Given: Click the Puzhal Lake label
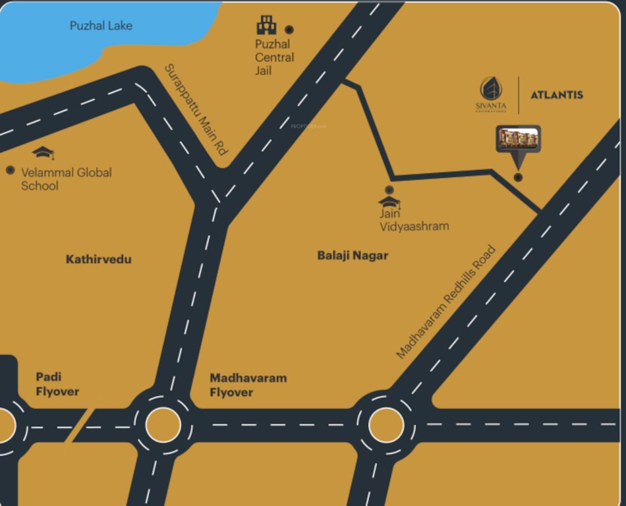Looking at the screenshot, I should (x=101, y=26).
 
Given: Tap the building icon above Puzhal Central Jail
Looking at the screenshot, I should (x=266, y=25).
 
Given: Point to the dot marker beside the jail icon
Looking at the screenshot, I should (x=289, y=30).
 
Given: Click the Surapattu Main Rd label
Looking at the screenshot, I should (x=195, y=109).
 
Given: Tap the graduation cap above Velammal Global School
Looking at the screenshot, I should (x=43, y=153).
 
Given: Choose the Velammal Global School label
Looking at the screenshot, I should (x=66, y=179).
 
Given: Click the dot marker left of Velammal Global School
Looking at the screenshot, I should (x=10, y=170).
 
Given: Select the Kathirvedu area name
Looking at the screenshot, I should (x=98, y=260).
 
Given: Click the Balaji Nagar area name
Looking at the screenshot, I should (x=353, y=256).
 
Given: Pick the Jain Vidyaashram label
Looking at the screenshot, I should (x=414, y=220).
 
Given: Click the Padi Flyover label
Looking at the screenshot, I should (x=57, y=384).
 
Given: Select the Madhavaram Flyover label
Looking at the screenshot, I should (x=248, y=385).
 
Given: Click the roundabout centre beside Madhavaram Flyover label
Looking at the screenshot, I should (x=163, y=425).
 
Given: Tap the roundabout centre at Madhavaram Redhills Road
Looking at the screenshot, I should (x=386, y=425).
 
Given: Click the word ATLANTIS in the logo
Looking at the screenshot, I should (x=557, y=95).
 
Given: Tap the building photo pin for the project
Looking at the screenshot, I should (x=519, y=139).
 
